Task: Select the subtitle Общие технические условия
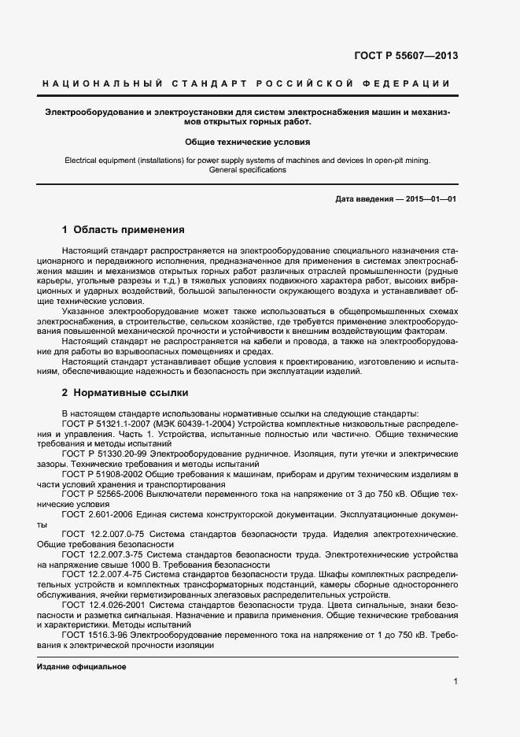[247, 143]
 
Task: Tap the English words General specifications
[247, 169]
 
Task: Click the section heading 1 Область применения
[123, 231]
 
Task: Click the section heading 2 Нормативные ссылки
[124, 392]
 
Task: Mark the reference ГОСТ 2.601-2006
[91, 515]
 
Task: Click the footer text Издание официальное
[82, 667]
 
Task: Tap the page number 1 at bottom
[455, 681]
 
